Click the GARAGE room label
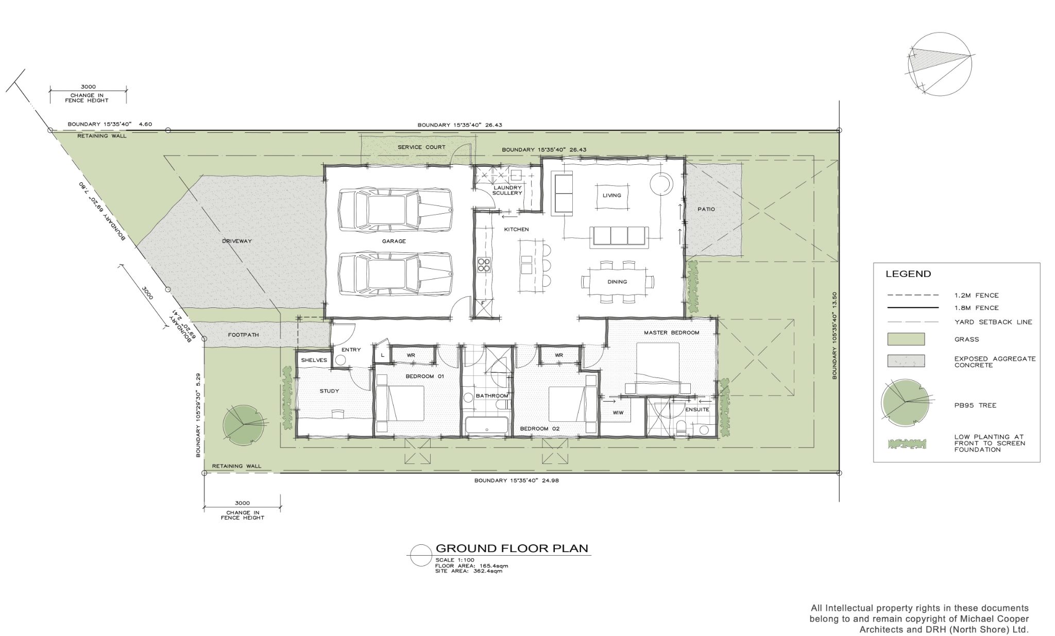(x=394, y=241)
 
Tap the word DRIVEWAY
(x=237, y=241)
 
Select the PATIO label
(x=706, y=209)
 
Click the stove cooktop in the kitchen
(x=484, y=265)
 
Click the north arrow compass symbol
(x=941, y=64)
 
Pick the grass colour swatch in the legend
(x=906, y=339)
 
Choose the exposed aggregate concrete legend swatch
(x=906, y=361)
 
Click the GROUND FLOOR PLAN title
(x=512, y=548)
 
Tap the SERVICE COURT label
(x=421, y=147)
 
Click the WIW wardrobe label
(x=618, y=413)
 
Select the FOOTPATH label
(x=243, y=335)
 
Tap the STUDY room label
(x=329, y=391)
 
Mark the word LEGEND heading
(x=908, y=274)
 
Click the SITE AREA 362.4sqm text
(x=468, y=571)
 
